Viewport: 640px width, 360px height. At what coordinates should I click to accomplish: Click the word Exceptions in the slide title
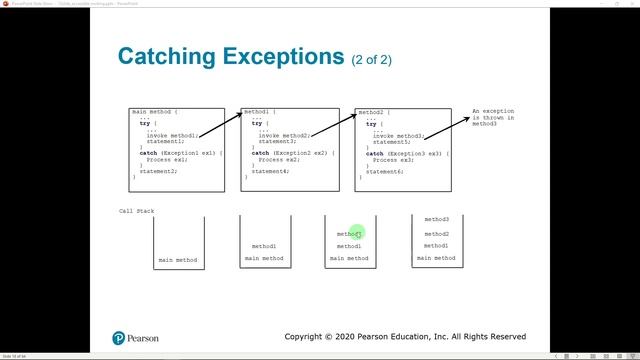point(276,56)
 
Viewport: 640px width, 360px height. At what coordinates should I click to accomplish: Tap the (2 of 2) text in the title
point(370,59)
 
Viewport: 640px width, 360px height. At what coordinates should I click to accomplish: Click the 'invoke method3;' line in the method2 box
point(398,135)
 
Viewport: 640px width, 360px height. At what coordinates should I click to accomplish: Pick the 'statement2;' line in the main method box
point(158,171)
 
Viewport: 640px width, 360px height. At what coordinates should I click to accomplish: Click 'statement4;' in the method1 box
point(270,171)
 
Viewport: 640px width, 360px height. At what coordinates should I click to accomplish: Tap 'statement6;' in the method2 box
point(384,171)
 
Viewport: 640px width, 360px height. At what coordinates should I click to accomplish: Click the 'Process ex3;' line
point(392,159)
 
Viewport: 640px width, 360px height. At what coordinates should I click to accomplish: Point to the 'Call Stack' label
point(137,211)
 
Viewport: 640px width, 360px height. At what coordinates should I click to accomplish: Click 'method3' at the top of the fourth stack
point(436,219)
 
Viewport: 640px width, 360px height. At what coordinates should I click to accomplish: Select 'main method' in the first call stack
point(178,260)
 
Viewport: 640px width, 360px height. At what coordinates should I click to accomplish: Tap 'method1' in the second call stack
point(264,246)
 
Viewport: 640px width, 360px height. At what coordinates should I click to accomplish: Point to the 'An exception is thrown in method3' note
point(493,116)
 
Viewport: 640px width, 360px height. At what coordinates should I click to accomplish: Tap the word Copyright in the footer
point(311,337)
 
